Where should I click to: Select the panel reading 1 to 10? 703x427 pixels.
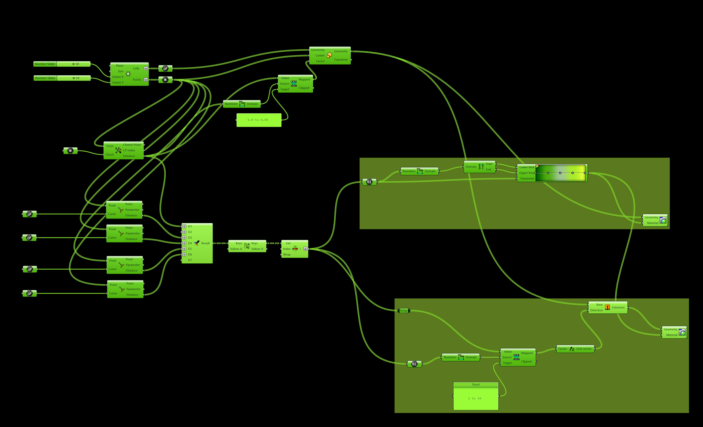pyautogui.click(x=476, y=398)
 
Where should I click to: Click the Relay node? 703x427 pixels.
pyautogui.click(x=403, y=310)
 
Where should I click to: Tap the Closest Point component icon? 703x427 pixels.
pyautogui.click(x=118, y=150)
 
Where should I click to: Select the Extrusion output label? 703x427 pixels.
pyautogui.click(x=618, y=307)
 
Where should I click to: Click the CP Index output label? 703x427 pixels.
pyautogui.click(x=129, y=150)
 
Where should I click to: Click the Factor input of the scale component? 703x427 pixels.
pyautogui.click(x=320, y=61)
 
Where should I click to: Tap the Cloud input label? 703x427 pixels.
pyautogui.click(x=110, y=155)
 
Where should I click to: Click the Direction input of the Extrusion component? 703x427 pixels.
pyautogui.click(x=596, y=310)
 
